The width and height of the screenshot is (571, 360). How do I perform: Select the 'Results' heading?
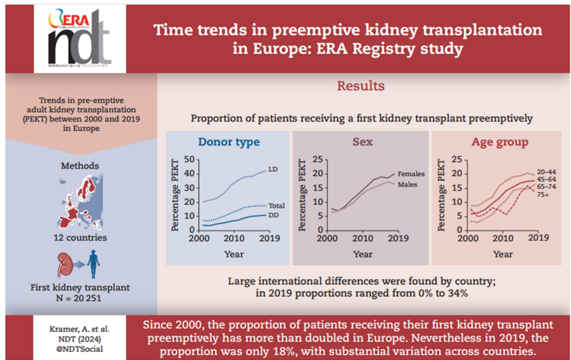click(x=361, y=86)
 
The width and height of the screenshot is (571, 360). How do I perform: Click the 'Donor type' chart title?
click(x=229, y=143)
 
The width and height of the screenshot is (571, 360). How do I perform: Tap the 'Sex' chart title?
click(x=363, y=143)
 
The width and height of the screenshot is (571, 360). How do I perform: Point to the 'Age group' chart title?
click(x=500, y=143)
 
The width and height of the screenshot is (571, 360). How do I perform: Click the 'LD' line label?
click(x=273, y=169)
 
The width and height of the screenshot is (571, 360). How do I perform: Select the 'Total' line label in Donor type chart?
click(x=277, y=206)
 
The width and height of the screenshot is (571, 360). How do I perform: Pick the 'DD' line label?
click(x=273, y=216)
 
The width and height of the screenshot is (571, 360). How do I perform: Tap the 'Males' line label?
click(x=408, y=184)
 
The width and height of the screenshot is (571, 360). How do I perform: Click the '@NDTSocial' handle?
click(x=81, y=349)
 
